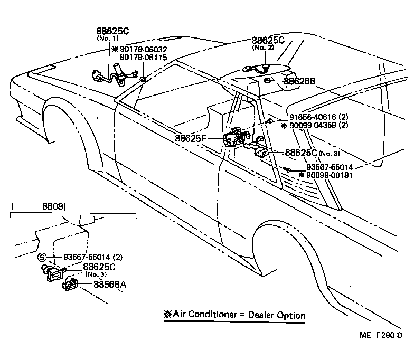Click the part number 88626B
[x=299, y=81]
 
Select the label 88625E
[x=191, y=139]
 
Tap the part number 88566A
[x=110, y=285]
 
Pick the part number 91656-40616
[x=309, y=117]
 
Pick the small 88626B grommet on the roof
[x=268, y=81]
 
